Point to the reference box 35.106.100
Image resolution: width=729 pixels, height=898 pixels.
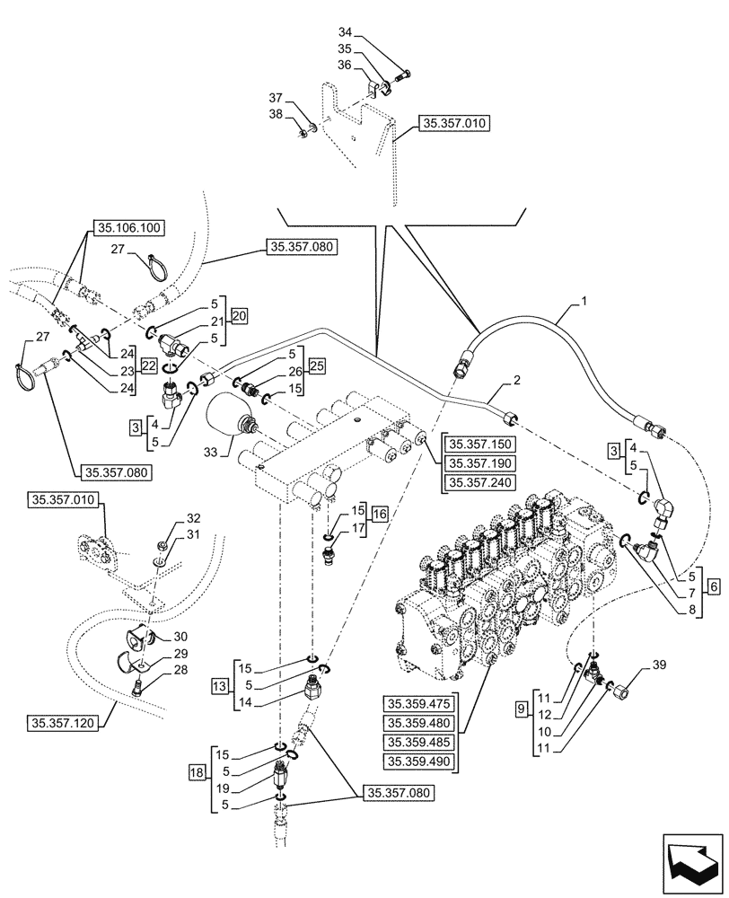[x=127, y=229]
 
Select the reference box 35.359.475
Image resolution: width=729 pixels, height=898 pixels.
[x=420, y=703]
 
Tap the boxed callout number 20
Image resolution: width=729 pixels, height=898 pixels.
[x=238, y=315]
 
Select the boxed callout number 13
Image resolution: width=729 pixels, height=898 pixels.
[x=218, y=686]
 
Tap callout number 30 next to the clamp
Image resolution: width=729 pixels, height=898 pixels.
[x=180, y=634]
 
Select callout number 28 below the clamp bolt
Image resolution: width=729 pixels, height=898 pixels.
[x=180, y=670]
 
